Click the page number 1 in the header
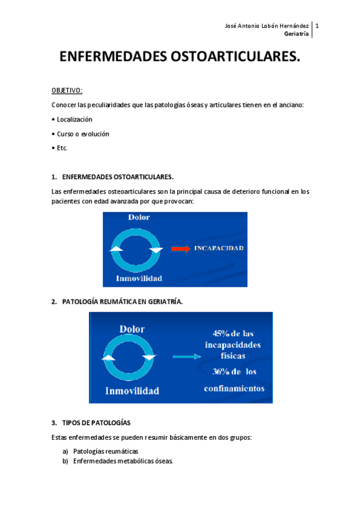(x=317, y=26)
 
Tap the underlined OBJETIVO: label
(x=67, y=90)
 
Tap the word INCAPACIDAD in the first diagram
(x=218, y=248)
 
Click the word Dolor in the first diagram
(x=139, y=217)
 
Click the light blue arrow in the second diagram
(x=186, y=357)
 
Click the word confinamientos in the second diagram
(x=234, y=389)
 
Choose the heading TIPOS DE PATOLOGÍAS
(x=96, y=423)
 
